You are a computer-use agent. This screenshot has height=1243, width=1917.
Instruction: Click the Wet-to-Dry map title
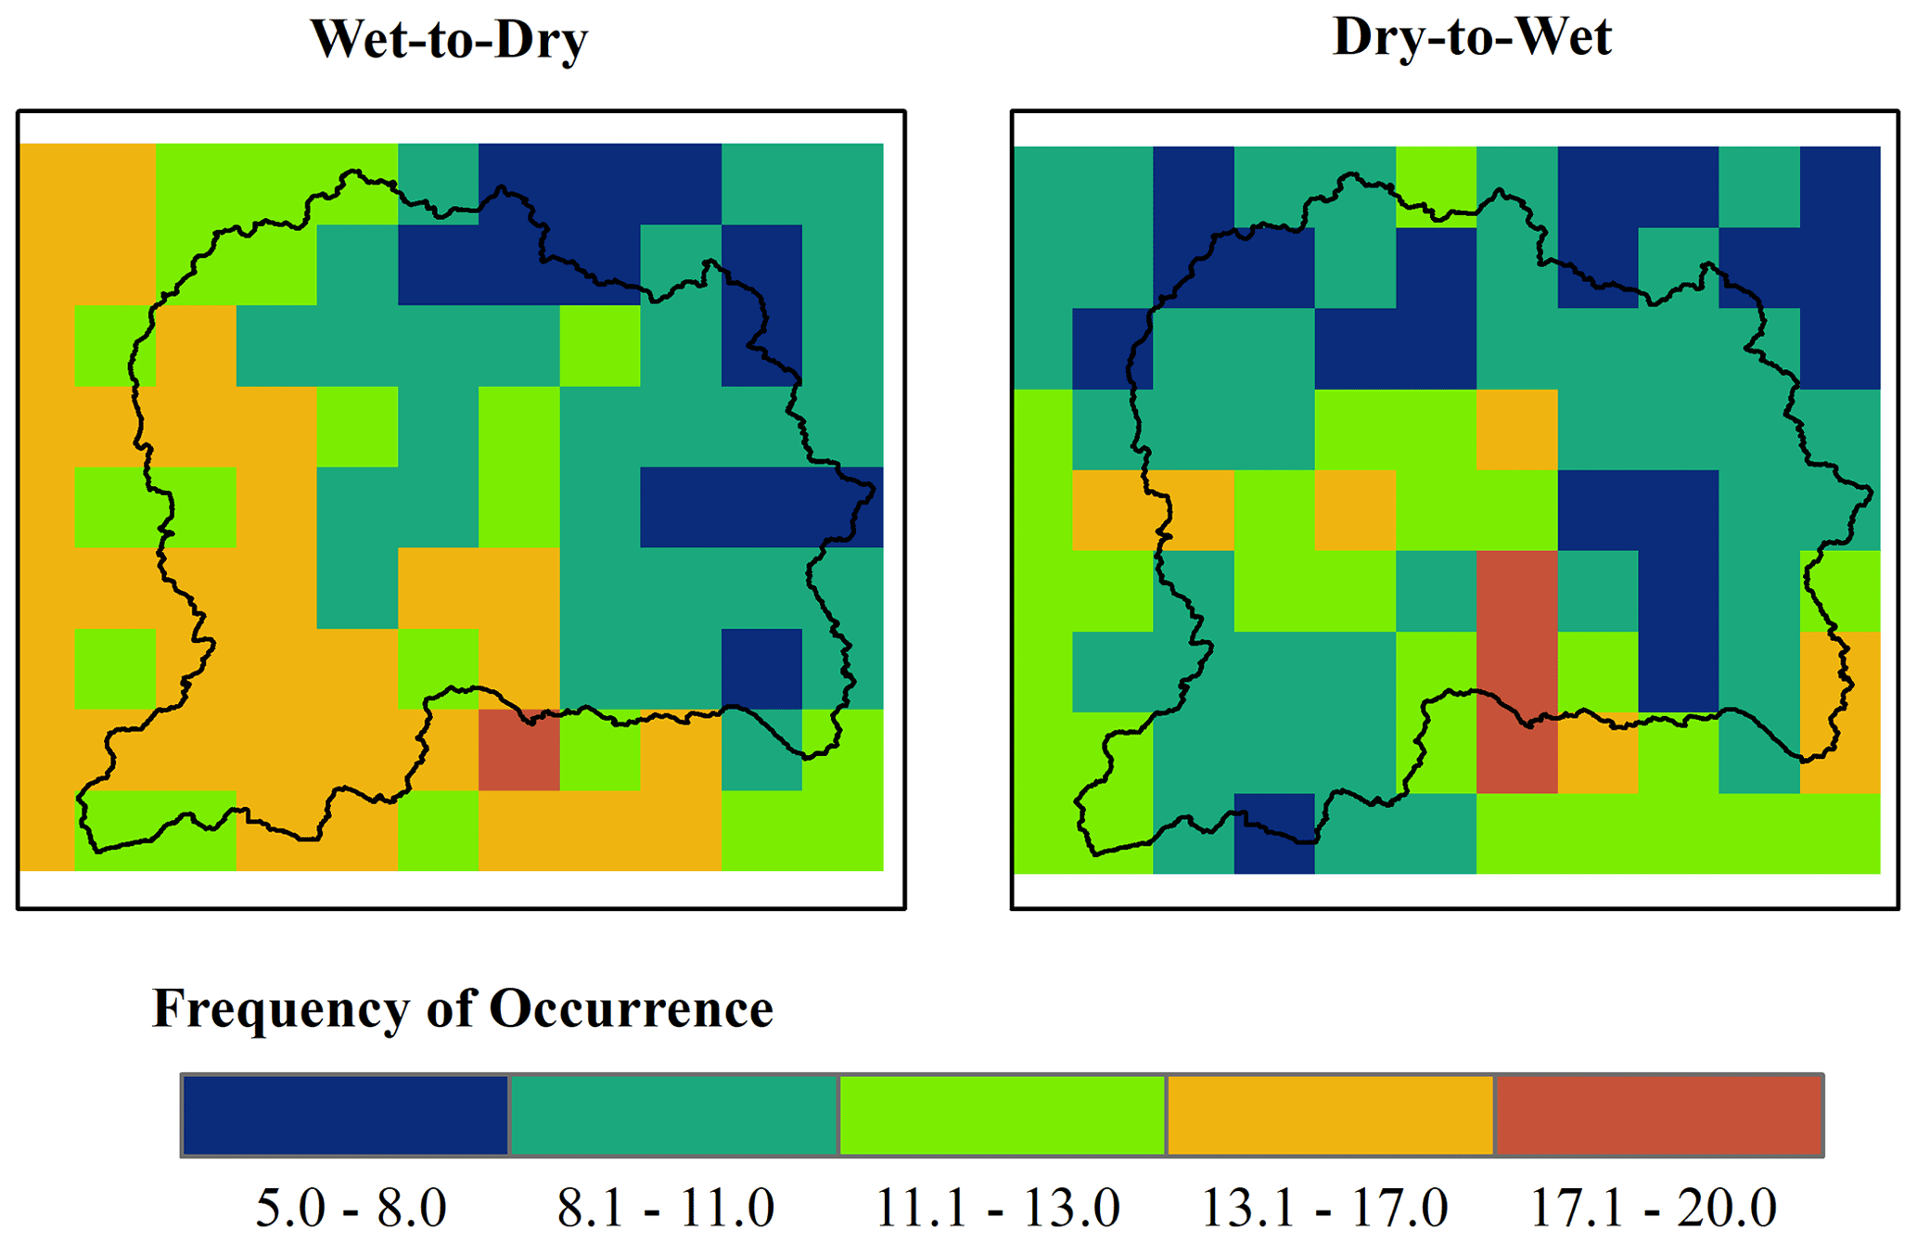pos(449,40)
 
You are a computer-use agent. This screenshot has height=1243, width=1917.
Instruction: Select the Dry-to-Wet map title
pos(1472,38)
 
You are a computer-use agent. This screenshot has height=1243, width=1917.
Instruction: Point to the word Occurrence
pos(632,1008)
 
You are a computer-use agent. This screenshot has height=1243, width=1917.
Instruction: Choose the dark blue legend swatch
pos(346,1115)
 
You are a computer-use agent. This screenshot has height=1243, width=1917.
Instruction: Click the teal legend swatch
pos(674,1115)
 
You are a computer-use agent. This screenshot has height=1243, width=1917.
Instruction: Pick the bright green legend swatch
pos(1003,1115)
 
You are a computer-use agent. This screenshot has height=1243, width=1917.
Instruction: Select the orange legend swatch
pos(1331,1115)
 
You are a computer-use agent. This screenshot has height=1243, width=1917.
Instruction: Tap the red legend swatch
pos(1659,1115)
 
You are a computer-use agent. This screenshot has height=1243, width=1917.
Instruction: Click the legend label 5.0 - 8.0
pos(351,1208)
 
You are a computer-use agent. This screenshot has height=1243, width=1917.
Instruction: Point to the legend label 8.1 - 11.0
pos(665,1208)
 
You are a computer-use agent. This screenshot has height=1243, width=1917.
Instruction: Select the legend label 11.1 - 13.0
pos(998,1208)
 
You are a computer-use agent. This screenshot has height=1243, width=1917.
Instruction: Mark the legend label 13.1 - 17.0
pos(1324,1208)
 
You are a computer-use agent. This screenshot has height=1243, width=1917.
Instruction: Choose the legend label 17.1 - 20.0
pos(1653,1208)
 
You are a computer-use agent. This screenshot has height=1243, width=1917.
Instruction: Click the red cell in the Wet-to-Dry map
pos(518,750)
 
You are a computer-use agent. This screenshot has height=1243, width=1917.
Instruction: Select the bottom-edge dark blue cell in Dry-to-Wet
pos(1274,833)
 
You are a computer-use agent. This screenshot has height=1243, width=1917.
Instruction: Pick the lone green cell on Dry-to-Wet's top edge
pos(1436,186)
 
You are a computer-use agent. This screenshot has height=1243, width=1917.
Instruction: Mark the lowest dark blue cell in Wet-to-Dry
pos(761,669)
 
